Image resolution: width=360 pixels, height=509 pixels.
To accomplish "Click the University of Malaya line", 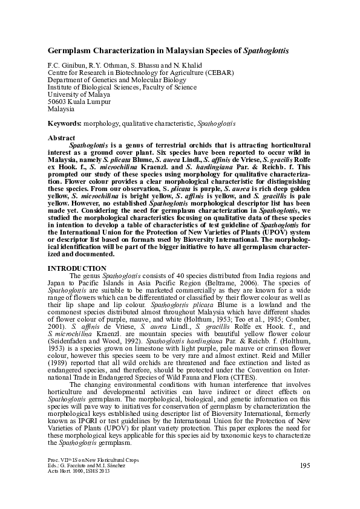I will click(79, 94).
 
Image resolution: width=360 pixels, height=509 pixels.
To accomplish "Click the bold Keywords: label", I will click(66, 123).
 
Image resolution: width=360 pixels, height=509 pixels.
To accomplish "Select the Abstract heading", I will click(61, 138).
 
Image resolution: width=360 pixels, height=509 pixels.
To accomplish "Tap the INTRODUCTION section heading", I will click(77, 268).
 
